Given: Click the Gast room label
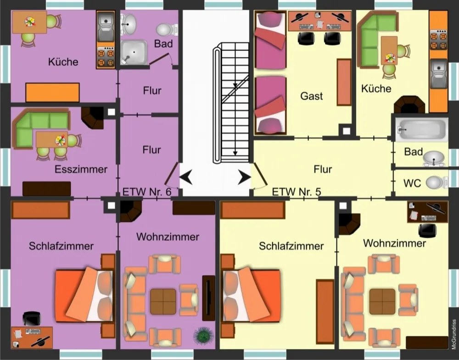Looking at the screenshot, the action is [x=312, y=96].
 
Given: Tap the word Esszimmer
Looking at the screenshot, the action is [x=81, y=169].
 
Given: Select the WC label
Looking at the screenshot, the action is [x=412, y=183].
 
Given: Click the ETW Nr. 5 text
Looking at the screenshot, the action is [x=297, y=192].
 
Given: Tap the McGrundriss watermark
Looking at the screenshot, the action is [x=454, y=334].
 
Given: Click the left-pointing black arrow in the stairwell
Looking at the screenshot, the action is [x=186, y=177].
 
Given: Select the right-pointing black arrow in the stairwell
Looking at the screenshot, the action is [x=244, y=177].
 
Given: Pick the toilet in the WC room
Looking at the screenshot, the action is [x=437, y=182].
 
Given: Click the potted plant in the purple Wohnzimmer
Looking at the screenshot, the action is [x=203, y=335].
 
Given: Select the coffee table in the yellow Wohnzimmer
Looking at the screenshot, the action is [x=382, y=301].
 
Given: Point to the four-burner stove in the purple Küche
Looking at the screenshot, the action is [x=106, y=57].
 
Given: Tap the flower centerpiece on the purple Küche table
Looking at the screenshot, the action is [x=30, y=22].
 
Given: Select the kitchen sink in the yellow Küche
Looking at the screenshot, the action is [x=439, y=73].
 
